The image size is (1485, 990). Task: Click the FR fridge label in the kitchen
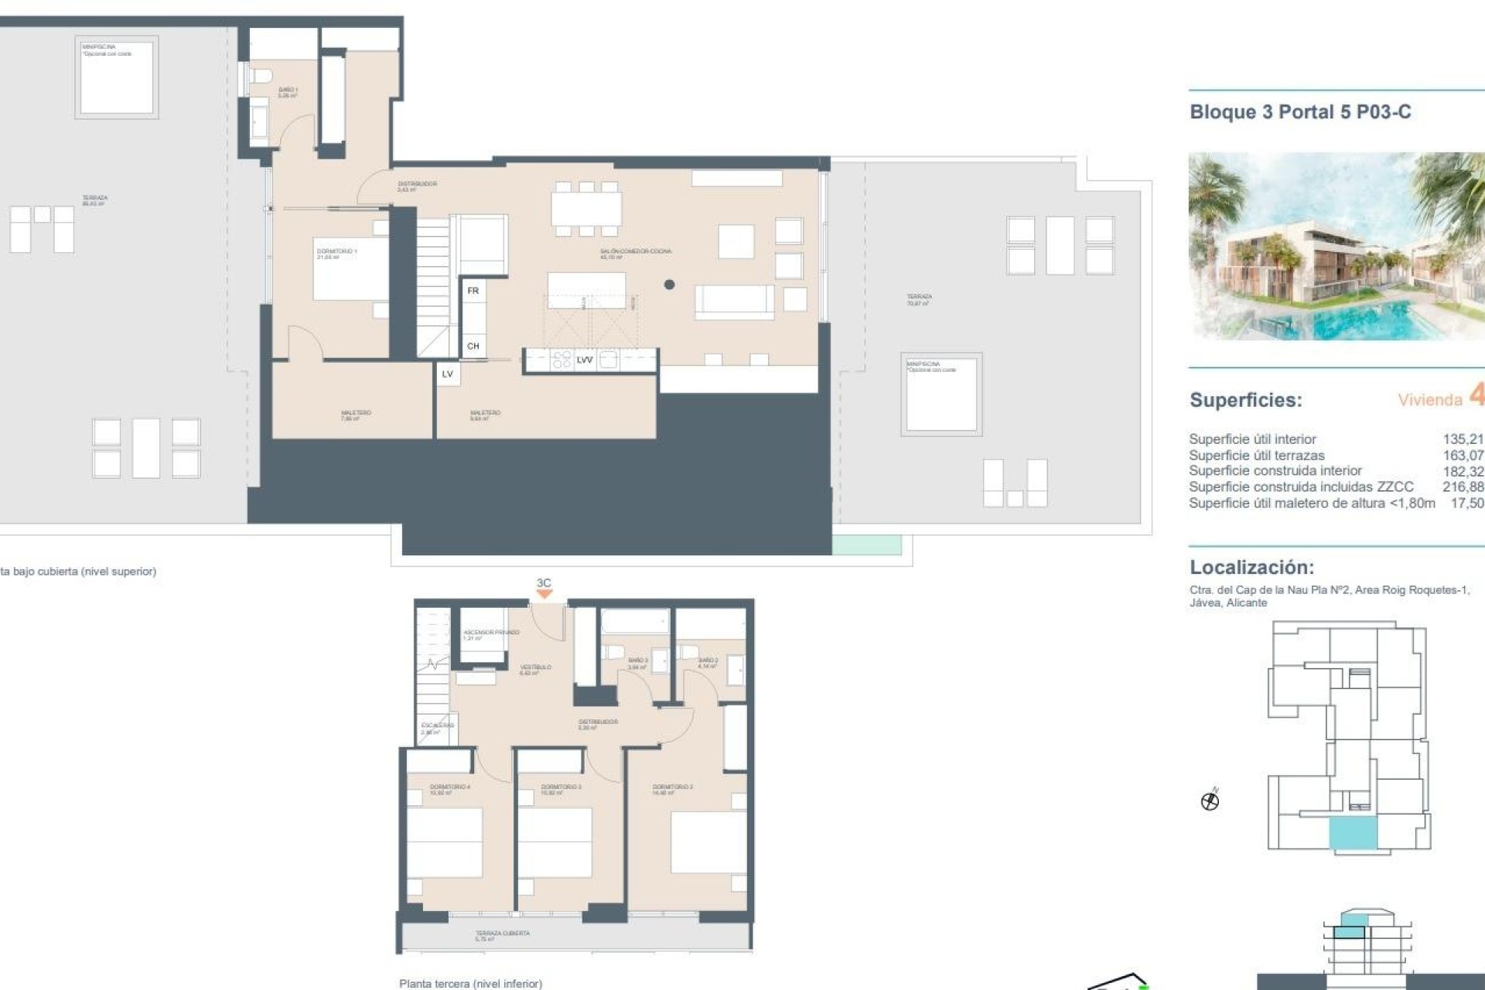coord(473,291)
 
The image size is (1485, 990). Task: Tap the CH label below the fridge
coord(473,346)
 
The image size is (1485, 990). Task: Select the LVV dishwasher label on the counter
coord(585,360)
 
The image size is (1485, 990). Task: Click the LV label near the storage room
coord(447,374)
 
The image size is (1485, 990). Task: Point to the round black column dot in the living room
coord(669,285)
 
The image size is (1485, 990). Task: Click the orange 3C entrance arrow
coord(544,593)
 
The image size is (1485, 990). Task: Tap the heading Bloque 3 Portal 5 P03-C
coord(1300,112)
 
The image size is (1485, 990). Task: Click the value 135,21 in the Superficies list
coord(1463,439)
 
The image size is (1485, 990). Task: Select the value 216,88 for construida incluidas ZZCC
coord(1463,486)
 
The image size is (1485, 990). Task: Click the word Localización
coord(1251,567)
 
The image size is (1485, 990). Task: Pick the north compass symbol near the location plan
coord(1210,801)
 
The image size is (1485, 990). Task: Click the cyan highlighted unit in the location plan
coord(1353,835)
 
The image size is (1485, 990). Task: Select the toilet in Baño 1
coord(261,77)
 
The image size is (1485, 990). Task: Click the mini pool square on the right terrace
coord(940,394)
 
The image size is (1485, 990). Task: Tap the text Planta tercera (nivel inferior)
coord(470,983)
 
